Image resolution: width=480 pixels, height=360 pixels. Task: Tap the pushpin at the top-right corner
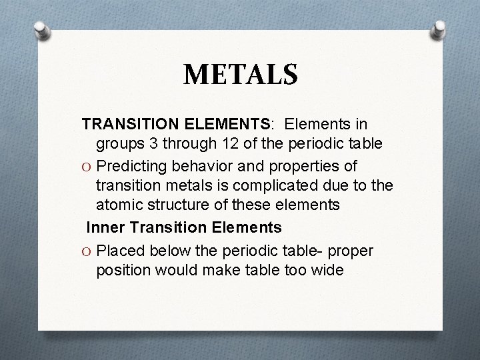pyautogui.click(x=440, y=28)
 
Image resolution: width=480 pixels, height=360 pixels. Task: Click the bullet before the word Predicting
pyautogui.click(x=87, y=167)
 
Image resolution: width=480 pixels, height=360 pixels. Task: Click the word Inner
pyautogui.click(x=105, y=227)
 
